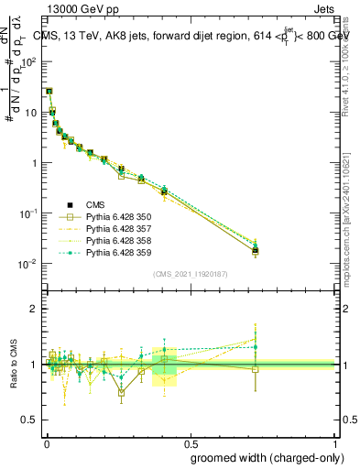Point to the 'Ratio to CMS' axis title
pyautogui.click(x=15, y=363)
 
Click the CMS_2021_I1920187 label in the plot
pyautogui.click(x=191, y=274)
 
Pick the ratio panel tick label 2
pyautogui.click(x=35, y=309)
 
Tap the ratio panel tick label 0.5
pyautogui.click(x=31, y=420)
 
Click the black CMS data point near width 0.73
pyautogui.click(x=256, y=250)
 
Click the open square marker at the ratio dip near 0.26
pyautogui.click(x=121, y=391)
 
